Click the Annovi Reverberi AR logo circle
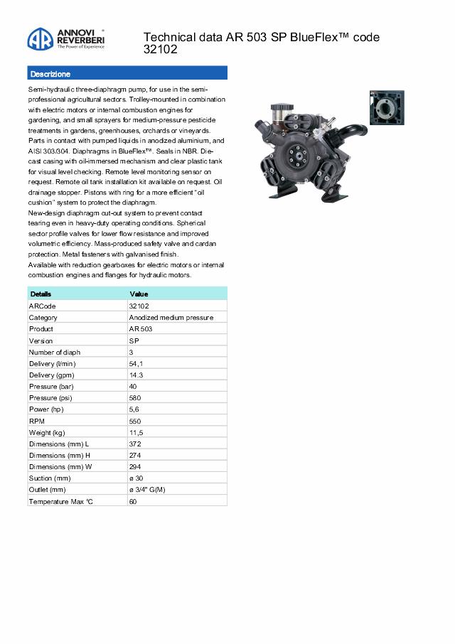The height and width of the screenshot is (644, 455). (x=41, y=41)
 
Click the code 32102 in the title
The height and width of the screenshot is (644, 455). (x=161, y=50)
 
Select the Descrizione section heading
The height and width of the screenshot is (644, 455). (x=50, y=74)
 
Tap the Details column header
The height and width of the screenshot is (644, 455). (x=41, y=294)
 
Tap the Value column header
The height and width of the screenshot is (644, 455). (x=139, y=294)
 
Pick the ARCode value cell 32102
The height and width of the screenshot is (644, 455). (x=139, y=306)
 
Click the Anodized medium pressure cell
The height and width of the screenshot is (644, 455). (x=171, y=317)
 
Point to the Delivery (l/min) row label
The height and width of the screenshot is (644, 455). (x=54, y=363)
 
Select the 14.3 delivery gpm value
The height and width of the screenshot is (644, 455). (x=136, y=375)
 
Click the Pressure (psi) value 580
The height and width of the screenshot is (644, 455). (x=134, y=398)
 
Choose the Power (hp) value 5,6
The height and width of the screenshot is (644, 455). (x=134, y=409)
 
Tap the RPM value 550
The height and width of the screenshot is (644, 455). (x=134, y=421)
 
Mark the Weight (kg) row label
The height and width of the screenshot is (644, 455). (x=47, y=432)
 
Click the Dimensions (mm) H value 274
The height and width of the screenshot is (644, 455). (x=134, y=456)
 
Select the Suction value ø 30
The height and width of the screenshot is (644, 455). (x=136, y=478)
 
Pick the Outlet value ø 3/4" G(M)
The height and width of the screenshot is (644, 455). (x=147, y=490)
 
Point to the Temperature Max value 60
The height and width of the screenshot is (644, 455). (x=133, y=502)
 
